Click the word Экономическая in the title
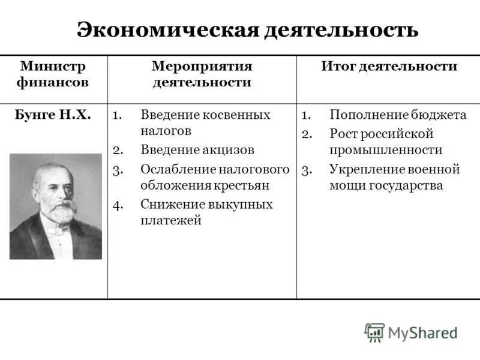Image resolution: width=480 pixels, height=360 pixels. point(167,30)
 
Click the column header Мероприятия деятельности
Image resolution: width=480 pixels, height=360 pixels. point(202,74)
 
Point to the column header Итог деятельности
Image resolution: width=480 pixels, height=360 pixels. point(389,66)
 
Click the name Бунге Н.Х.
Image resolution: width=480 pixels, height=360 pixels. point(53,115)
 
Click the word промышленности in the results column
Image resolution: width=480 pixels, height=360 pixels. point(386,149)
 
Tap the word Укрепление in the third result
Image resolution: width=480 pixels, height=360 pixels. point(365,169)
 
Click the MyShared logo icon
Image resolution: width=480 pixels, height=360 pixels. point(374,332)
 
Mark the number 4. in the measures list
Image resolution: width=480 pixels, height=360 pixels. point(118,204)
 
